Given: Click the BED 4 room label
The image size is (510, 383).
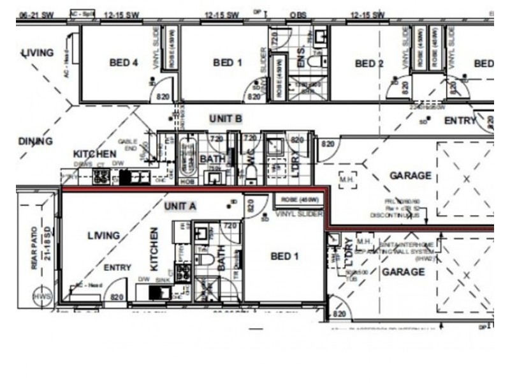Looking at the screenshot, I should point(124,63).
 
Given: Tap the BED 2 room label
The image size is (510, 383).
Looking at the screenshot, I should point(369,63).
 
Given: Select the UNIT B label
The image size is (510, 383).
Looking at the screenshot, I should point(225,119).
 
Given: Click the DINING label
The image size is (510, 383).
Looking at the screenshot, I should point(35,141).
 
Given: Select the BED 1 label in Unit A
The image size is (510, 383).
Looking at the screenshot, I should point(284,256).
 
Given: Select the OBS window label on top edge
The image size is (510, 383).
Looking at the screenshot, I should point(298,14).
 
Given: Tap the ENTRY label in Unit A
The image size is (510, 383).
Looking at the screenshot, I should point(117,267).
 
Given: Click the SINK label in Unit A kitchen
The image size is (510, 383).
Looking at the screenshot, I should point(164,279).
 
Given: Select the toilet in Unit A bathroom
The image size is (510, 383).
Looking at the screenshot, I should point(205,259).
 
